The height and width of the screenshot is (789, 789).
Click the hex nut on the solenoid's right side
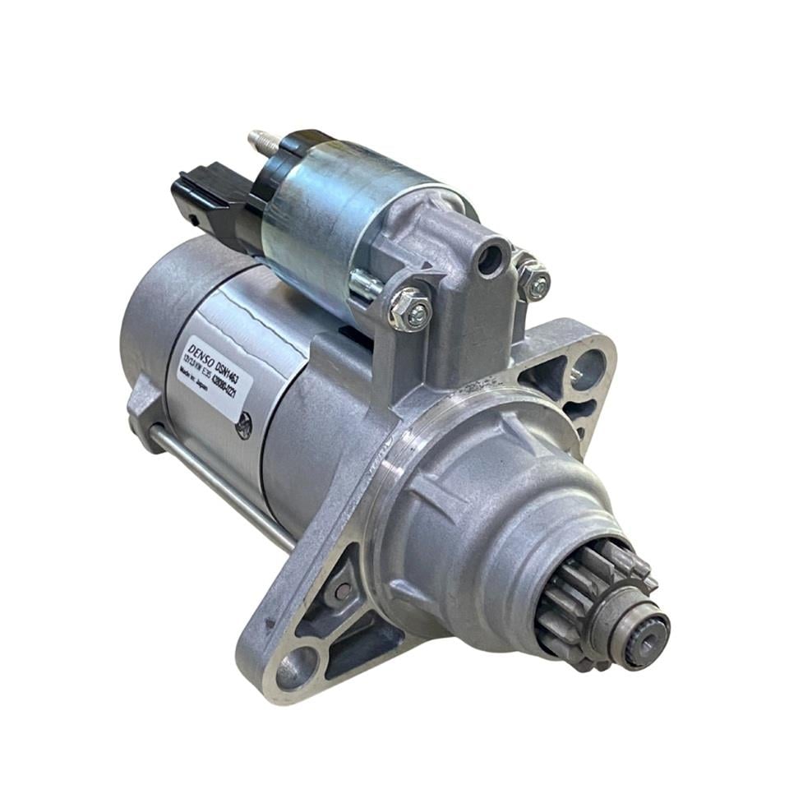click(534, 281)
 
